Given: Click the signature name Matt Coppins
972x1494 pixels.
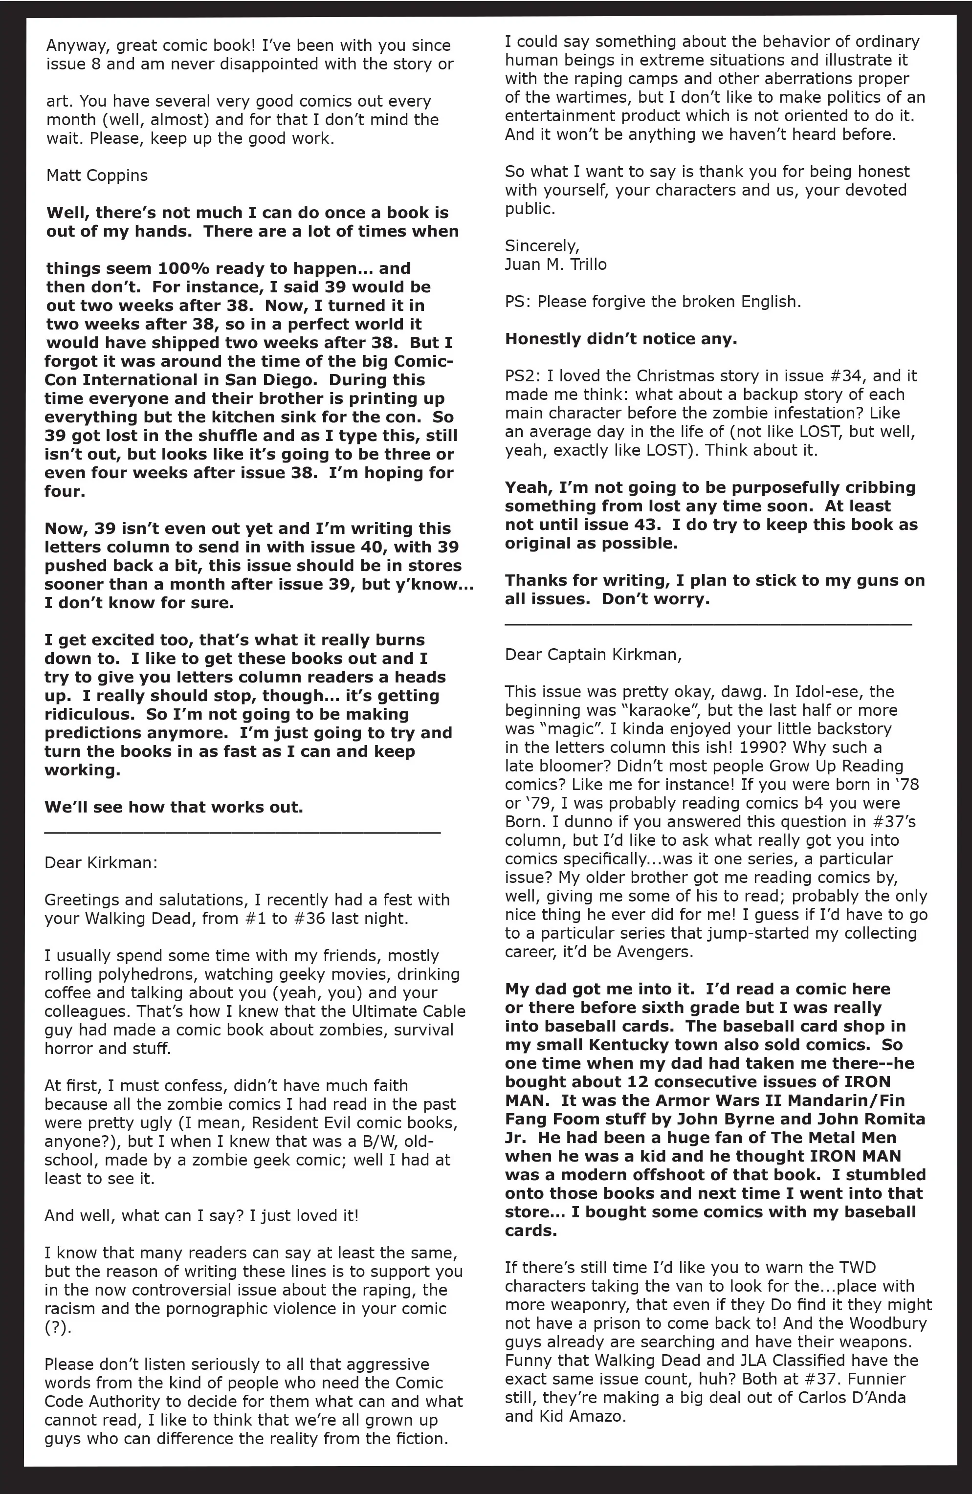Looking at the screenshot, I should (97, 175).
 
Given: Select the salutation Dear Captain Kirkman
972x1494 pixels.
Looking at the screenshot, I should (593, 655).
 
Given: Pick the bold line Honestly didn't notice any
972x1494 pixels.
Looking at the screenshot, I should (620, 339).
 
